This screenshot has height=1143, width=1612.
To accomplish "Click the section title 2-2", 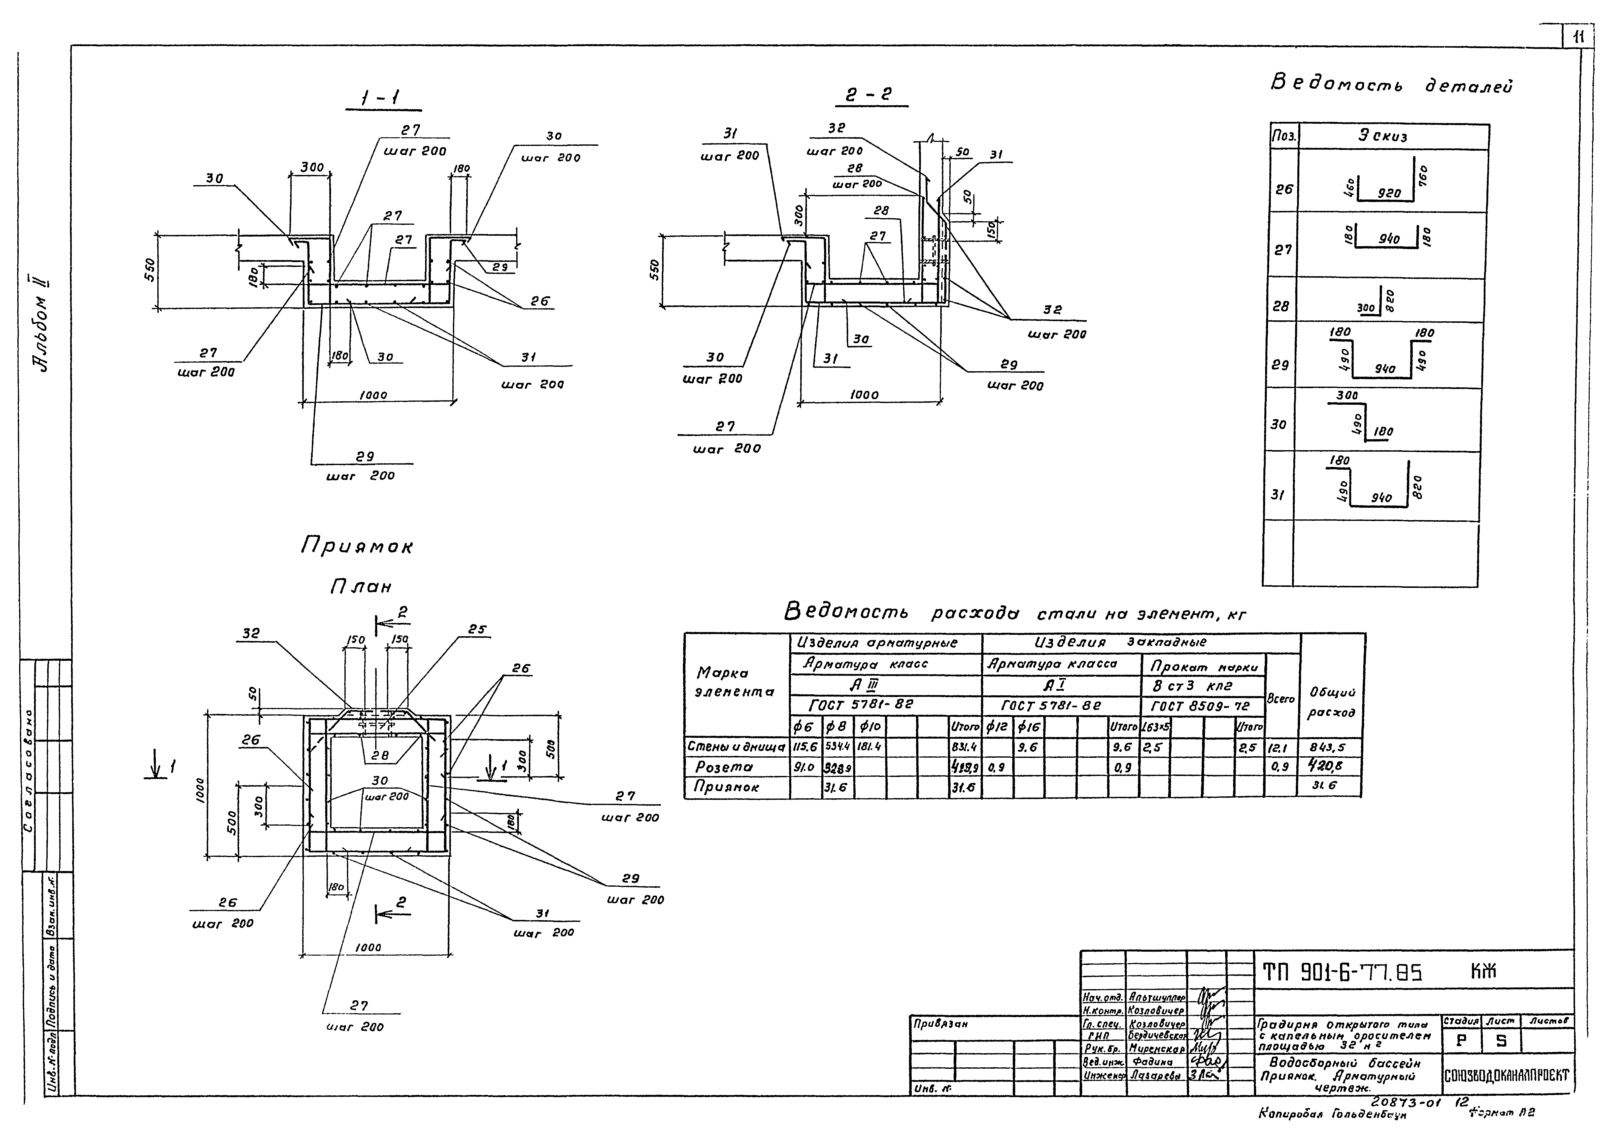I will click(x=869, y=94).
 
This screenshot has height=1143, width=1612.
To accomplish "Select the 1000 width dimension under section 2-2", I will click(x=864, y=395).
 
